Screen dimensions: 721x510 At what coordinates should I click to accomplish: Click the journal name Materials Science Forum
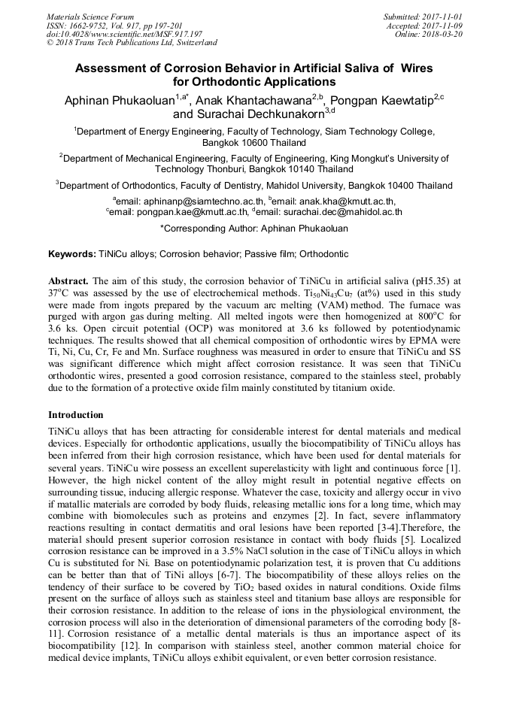tap(90, 17)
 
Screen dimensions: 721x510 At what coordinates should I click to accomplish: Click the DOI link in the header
tap(124, 34)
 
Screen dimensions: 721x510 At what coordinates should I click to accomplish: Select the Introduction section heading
tap(76, 415)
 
